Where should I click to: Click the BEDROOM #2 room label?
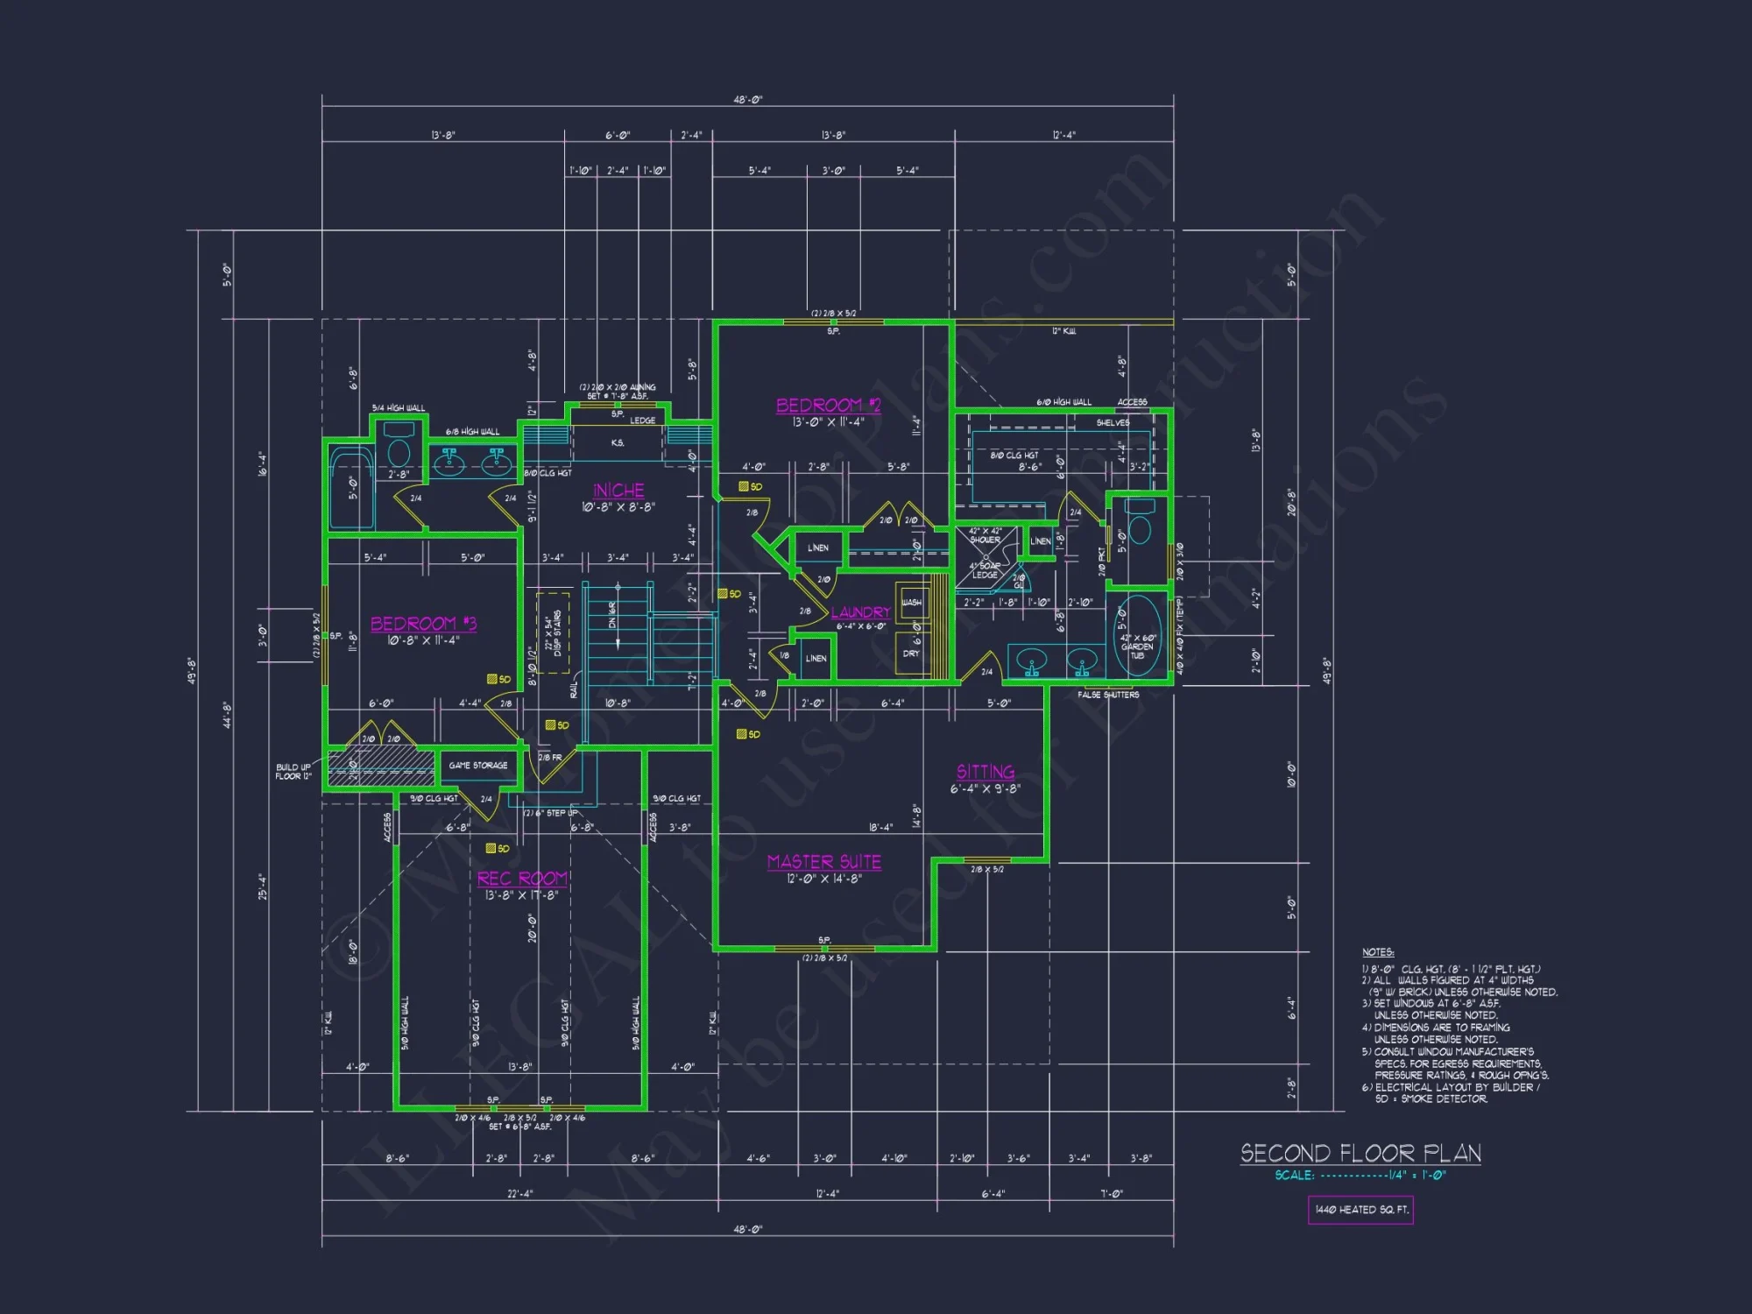pos(828,406)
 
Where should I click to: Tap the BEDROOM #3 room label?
pos(423,624)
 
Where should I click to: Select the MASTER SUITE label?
pos(823,862)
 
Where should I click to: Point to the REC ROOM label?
pos(523,879)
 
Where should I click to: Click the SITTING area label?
pos(985,772)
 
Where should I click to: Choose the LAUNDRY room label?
pos(860,612)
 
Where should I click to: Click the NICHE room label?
pos(618,491)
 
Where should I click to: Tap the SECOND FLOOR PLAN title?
pos(1360,1153)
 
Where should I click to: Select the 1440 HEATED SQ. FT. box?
pos(1360,1210)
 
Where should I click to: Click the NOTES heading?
pos(1378,952)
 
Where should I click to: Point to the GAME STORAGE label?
pos(478,766)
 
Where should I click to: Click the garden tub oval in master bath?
pos(1137,636)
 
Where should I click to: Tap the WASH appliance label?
pos(911,602)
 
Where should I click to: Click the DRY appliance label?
pos(911,653)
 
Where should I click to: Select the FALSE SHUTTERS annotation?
pos(1108,695)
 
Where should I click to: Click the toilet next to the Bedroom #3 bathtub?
pos(399,447)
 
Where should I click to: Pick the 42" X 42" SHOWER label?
pos(985,535)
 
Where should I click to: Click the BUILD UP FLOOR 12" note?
pos(293,772)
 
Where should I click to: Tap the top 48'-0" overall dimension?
pos(747,100)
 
